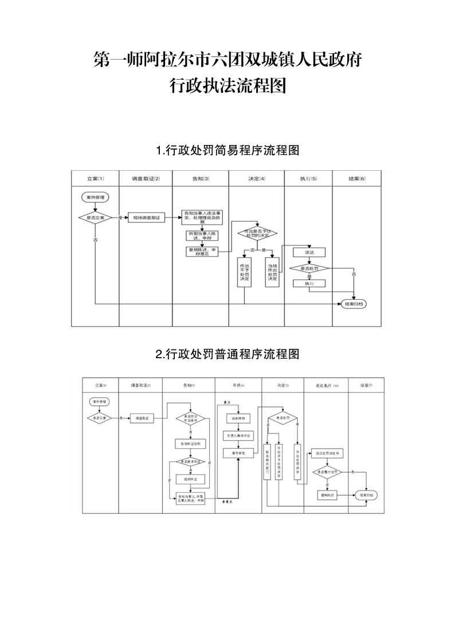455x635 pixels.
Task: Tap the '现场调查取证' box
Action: point(146,218)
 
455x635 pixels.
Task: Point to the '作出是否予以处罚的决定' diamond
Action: point(257,233)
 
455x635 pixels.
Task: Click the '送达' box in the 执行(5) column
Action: point(309,252)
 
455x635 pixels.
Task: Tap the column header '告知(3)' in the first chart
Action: point(201,179)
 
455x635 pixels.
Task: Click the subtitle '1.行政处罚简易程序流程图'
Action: point(227,151)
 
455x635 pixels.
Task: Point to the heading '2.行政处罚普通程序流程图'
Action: point(227,354)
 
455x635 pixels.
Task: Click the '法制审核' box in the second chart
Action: point(238,419)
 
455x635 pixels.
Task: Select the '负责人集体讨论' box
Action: point(238,436)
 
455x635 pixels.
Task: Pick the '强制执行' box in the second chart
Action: point(327,494)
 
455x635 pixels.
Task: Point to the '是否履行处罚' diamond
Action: point(327,472)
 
